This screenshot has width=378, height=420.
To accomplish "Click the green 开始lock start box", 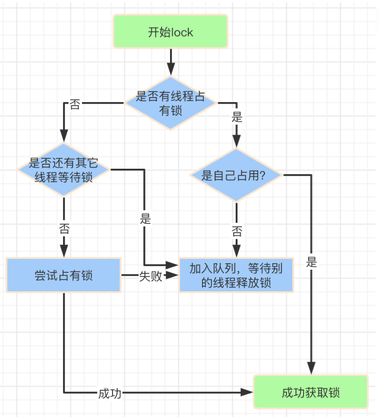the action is (170, 32).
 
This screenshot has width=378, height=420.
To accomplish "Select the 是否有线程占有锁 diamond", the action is (170, 103).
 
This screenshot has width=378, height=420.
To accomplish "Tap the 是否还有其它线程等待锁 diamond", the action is (63, 170).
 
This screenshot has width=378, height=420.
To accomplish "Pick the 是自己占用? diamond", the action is (236, 175).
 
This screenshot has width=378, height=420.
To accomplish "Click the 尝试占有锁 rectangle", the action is (63, 275).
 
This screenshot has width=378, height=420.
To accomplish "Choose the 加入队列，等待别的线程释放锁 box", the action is (236, 275).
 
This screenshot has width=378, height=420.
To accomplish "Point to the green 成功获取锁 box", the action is (311, 392).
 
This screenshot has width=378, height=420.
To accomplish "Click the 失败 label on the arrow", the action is (150, 276).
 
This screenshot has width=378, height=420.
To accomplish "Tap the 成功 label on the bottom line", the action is (109, 393).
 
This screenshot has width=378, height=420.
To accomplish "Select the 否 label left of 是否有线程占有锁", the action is (75, 104).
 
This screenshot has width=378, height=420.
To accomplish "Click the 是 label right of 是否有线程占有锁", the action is (237, 117).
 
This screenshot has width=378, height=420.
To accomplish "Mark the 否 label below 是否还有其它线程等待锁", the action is (64, 228).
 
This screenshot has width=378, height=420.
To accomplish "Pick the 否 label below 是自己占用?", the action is (237, 231).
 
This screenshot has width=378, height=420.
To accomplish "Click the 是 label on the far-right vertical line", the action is (311, 262).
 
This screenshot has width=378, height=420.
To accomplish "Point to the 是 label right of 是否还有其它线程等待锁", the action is (145, 219).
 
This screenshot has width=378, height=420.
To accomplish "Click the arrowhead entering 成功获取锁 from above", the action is (311, 368).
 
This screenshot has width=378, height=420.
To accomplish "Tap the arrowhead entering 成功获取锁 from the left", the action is (246, 392).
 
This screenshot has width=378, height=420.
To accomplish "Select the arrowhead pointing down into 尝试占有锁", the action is (63, 251).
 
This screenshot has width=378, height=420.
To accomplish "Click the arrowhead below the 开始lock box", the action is (170, 69).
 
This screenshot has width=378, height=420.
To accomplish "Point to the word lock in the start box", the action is (181, 33).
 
